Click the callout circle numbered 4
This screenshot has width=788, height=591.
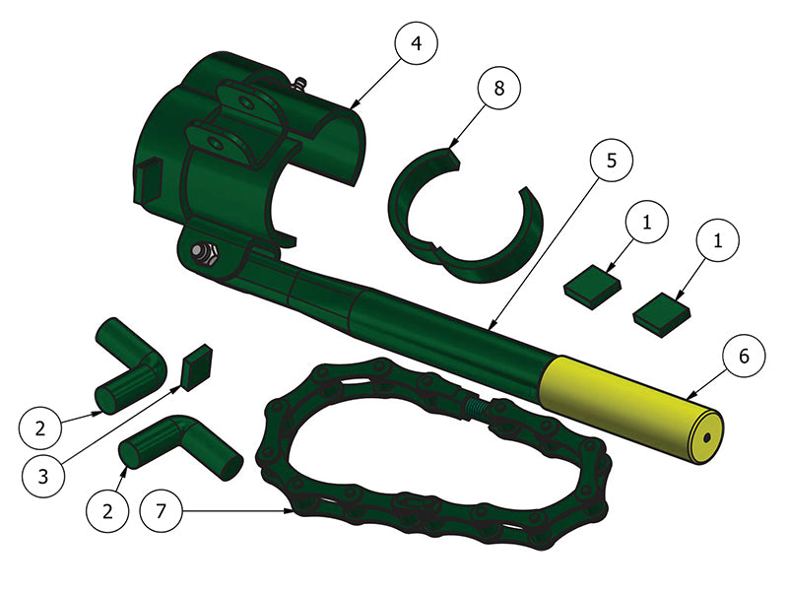tap(416, 44)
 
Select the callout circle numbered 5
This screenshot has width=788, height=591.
tap(612, 161)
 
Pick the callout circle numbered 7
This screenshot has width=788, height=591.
tap(163, 511)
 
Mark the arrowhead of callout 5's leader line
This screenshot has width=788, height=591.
tap(490, 329)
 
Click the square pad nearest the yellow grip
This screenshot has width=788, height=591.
tap(661, 313)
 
